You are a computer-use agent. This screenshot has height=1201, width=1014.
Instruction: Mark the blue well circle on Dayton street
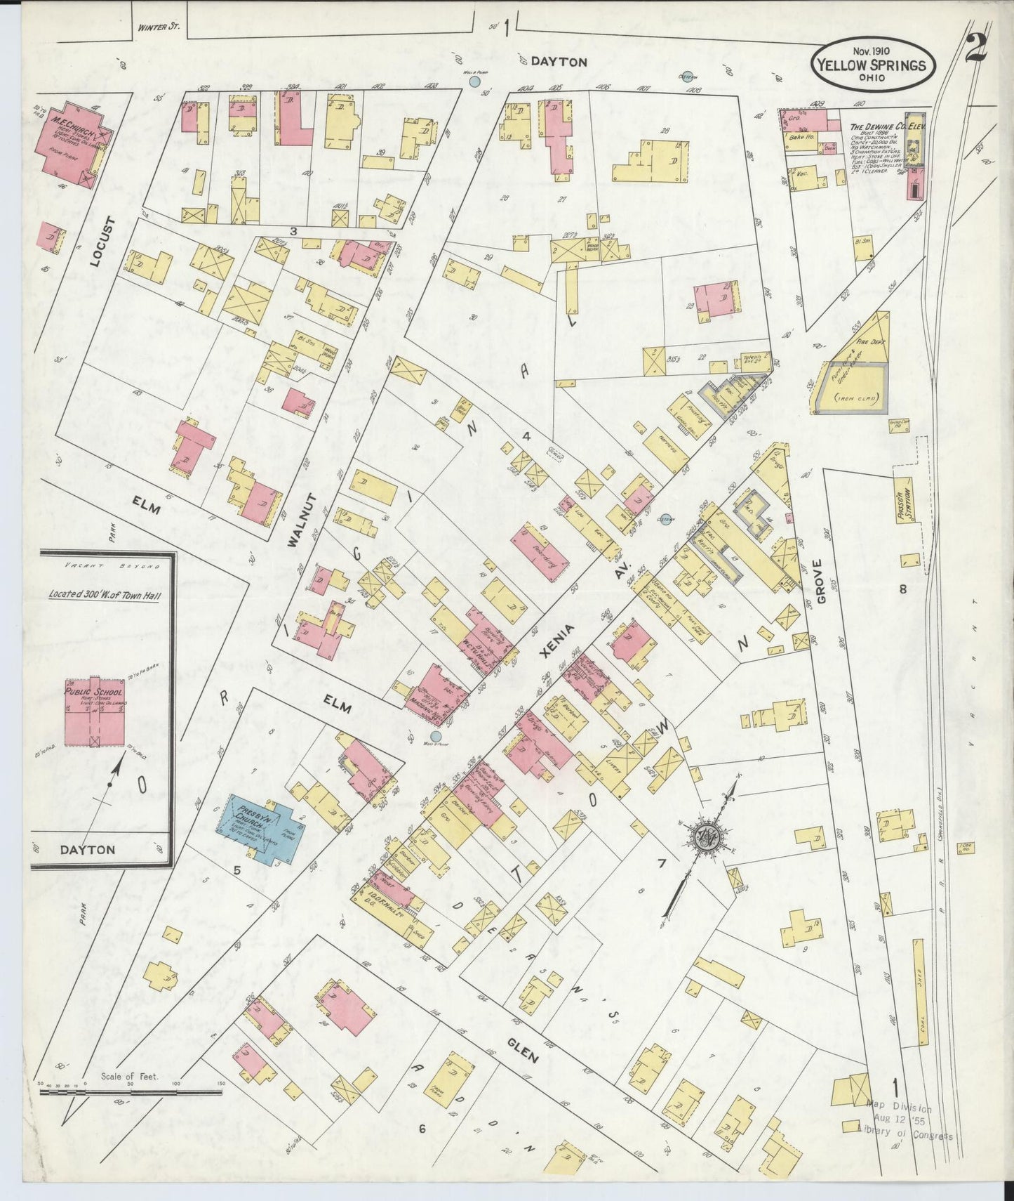[475, 82]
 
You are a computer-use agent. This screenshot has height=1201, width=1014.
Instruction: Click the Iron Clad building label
[850, 398]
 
